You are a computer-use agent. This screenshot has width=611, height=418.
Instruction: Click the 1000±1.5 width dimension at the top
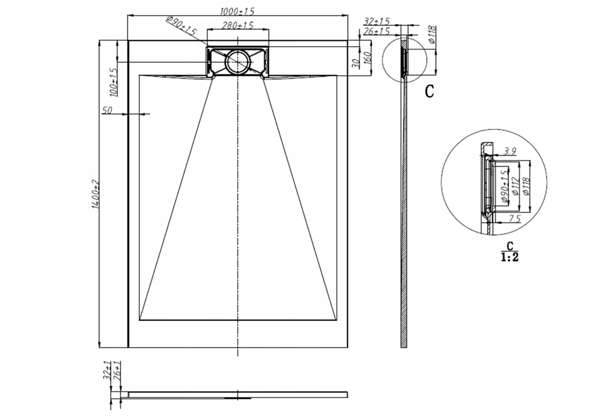[x=234, y=11]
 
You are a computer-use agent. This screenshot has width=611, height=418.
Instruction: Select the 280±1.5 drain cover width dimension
[x=238, y=25]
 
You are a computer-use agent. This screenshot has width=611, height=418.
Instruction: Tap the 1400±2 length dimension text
[x=95, y=195]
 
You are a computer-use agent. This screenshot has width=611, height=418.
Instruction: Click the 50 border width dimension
[x=107, y=110]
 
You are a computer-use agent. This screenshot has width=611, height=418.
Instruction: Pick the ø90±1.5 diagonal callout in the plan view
[x=181, y=26]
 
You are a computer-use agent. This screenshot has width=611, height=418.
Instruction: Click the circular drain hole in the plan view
[x=238, y=62]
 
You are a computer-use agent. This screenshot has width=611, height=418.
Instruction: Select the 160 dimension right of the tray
[x=366, y=59]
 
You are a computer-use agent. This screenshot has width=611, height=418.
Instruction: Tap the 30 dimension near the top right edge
[x=355, y=63]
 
